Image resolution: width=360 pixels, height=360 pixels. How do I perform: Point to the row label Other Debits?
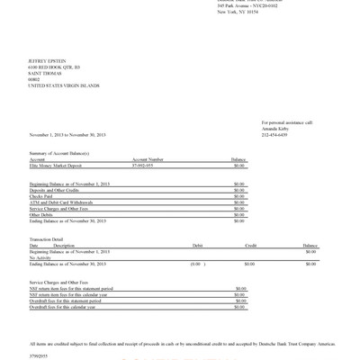click(x=42, y=215)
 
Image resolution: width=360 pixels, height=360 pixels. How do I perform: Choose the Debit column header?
click(x=198, y=245)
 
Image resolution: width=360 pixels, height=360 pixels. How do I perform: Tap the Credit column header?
click(x=251, y=245)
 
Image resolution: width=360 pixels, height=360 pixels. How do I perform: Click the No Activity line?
click(x=40, y=257)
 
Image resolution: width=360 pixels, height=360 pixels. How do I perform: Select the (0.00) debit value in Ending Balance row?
click(x=194, y=264)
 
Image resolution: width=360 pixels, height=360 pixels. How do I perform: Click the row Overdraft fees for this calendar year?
click(x=66, y=308)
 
